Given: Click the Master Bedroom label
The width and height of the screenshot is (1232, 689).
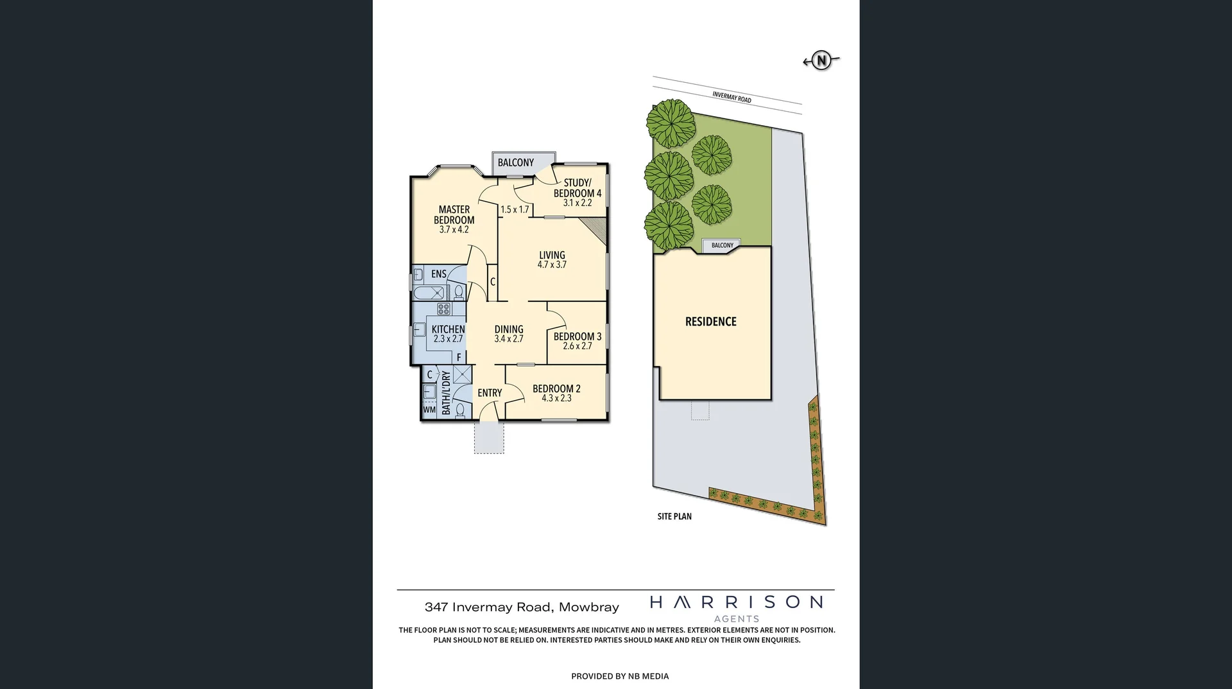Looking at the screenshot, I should [454, 214].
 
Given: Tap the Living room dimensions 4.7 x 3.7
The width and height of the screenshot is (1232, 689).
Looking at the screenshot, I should [552, 265].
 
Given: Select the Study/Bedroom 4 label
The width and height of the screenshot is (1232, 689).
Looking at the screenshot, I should [577, 188].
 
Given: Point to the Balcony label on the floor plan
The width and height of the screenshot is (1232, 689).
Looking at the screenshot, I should [516, 163].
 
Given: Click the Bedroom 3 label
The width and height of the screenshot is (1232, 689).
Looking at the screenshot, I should [577, 336].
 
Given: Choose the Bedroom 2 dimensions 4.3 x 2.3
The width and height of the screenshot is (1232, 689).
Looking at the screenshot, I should [556, 398].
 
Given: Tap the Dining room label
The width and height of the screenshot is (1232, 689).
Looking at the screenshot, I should [509, 329].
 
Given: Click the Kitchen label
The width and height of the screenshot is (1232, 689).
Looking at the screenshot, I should [448, 329].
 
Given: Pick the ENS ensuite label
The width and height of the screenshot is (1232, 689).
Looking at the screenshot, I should [439, 274].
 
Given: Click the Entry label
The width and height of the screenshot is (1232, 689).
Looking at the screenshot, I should [490, 393].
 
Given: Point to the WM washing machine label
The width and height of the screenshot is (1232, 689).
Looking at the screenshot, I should [429, 410].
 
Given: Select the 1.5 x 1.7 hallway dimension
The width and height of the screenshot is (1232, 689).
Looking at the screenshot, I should [515, 209].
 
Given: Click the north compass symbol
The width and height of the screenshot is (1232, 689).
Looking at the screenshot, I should [821, 60].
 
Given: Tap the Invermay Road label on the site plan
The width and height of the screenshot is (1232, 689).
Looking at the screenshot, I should [732, 97].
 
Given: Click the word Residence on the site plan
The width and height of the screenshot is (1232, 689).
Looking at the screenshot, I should [711, 322].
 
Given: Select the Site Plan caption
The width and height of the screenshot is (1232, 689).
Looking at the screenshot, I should [674, 516].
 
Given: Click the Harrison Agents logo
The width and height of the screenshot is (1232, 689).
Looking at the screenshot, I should [736, 607].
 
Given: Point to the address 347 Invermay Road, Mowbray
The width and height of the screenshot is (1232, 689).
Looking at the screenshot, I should [522, 607].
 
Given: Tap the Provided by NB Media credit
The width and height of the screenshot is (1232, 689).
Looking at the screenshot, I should [620, 676].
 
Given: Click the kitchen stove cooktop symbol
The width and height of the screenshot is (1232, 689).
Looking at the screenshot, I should [443, 310].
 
